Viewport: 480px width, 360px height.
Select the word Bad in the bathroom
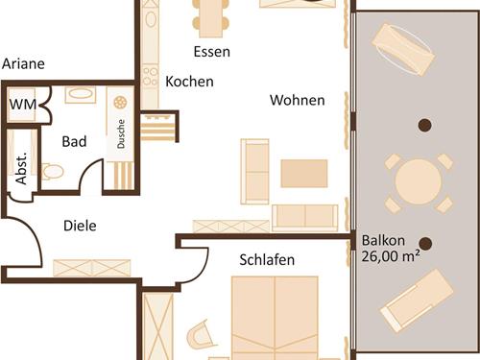click(x=74, y=141)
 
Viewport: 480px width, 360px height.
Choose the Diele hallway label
click(x=81, y=226)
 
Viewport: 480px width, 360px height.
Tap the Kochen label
click(x=189, y=82)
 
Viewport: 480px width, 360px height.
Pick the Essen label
click(x=211, y=51)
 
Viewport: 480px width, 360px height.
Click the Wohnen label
click(x=297, y=100)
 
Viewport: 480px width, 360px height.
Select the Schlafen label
click(x=267, y=260)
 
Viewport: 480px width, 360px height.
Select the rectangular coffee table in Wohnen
click(x=304, y=173)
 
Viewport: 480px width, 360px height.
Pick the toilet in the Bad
click(x=53, y=172)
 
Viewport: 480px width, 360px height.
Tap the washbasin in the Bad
click(x=77, y=96)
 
